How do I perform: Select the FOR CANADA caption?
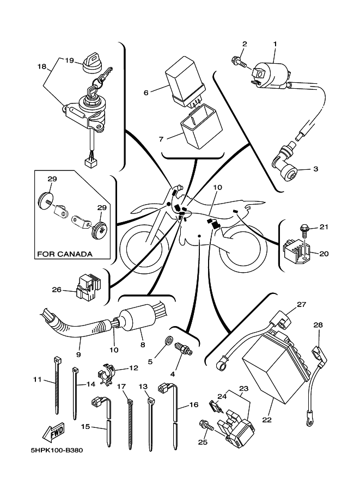coord(64,254)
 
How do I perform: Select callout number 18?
coord(42,66)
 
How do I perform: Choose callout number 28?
coord(318,325)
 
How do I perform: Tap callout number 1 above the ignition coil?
coord(275,43)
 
